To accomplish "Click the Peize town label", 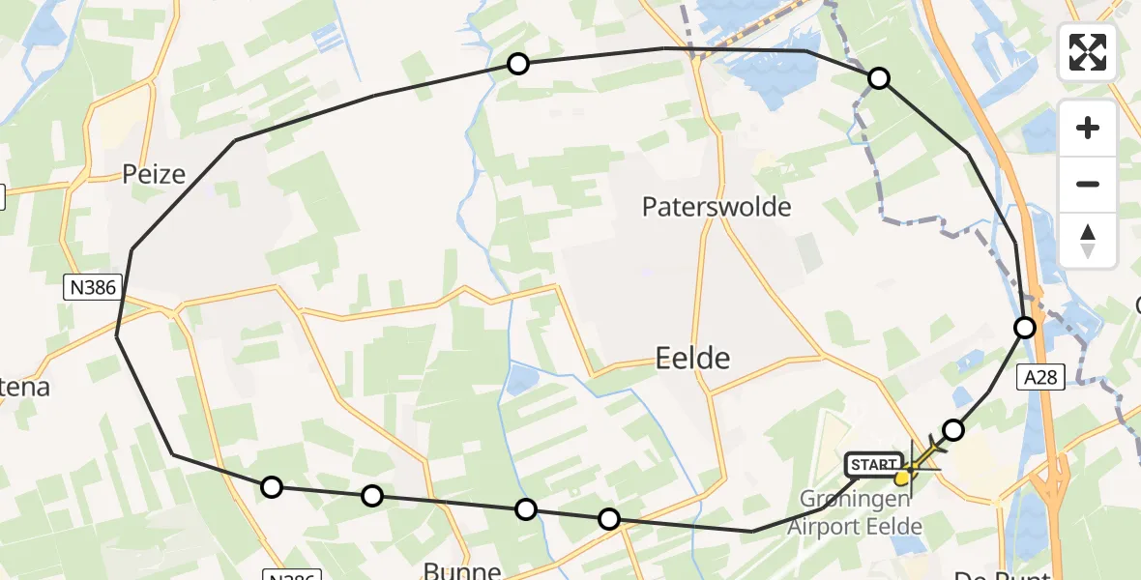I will click(x=154, y=174).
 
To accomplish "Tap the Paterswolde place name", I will click(x=717, y=207).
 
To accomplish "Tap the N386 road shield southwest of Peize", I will click(x=90, y=286).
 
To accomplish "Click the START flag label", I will click(x=874, y=465).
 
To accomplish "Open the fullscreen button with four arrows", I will click(x=1088, y=52).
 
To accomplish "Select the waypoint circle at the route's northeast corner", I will click(x=879, y=78).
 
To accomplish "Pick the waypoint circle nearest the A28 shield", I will click(x=1025, y=328).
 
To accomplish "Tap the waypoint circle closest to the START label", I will click(x=953, y=430).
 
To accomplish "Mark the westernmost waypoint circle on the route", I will click(x=272, y=486).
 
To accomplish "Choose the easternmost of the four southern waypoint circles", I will click(x=609, y=519).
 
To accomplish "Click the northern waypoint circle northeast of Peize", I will click(x=518, y=64).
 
